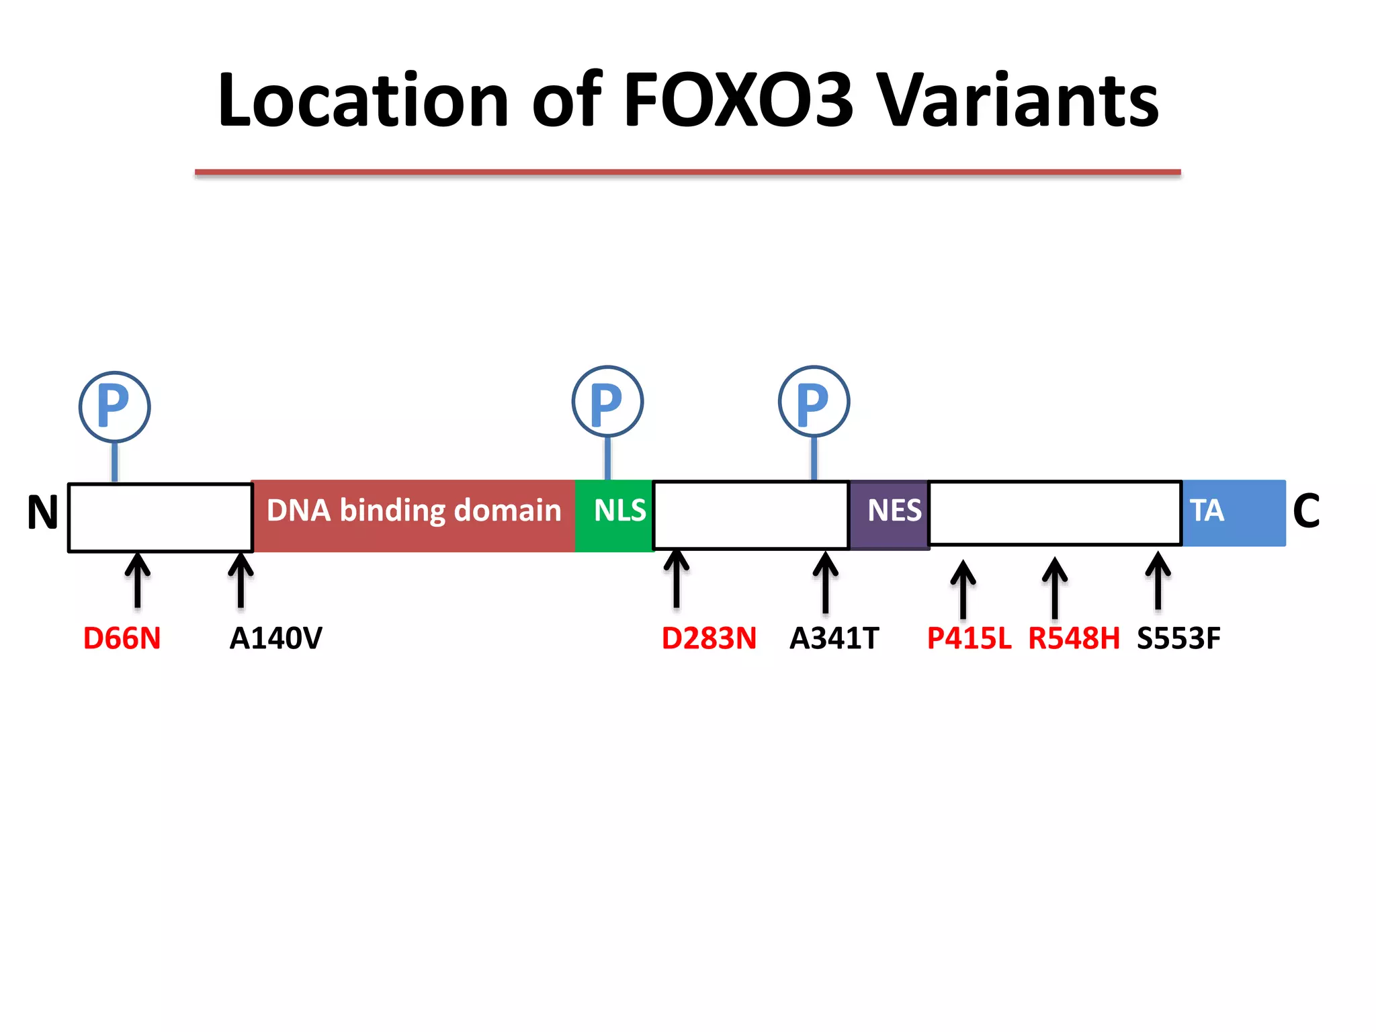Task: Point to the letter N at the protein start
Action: pyautogui.click(x=43, y=513)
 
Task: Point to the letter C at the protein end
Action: pyautogui.click(x=1306, y=511)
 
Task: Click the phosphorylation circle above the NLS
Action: pyautogui.click(x=607, y=402)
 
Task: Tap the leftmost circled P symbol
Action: pyautogui.click(x=114, y=406)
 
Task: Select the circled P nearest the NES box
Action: pyautogui.click(x=814, y=402)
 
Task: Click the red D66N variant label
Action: pyautogui.click(x=122, y=638)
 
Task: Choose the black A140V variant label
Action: pyautogui.click(x=275, y=638)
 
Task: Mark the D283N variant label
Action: pyautogui.click(x=709, y=638)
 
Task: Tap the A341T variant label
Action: pyautogui.click(x=834, y=638)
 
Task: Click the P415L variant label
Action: pyautogui.click(x=968, y=638)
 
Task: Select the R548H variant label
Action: pyautogui.click(x=1074, y=638)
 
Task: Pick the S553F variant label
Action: pyautogui.click(x=1178, y=638)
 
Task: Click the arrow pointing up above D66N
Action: pyautogui.click(x=138, y=580)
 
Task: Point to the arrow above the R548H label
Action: pyautogui.click(x=1055, y=587)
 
